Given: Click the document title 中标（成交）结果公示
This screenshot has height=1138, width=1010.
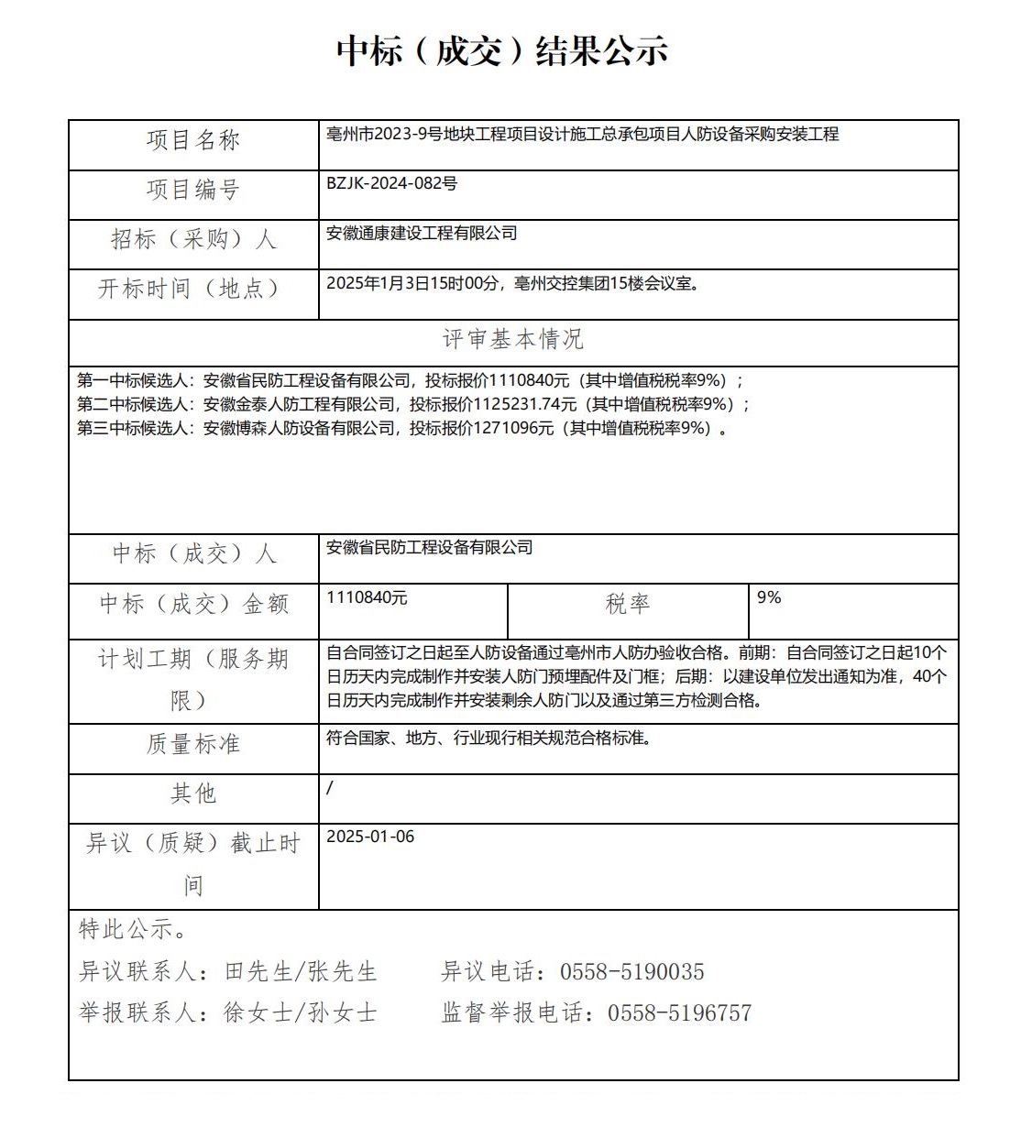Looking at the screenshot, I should (x=502, y=50).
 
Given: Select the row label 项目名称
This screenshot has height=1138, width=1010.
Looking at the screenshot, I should (x=193, y=140).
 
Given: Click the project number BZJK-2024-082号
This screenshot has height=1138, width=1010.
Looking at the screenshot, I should (x=391, y=183).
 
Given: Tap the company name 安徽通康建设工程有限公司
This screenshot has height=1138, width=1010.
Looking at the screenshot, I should (x=422, y=234).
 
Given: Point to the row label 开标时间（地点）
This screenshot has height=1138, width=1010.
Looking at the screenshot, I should (x=190, y=289).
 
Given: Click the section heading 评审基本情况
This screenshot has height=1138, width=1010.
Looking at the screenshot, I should (x=513, y=340).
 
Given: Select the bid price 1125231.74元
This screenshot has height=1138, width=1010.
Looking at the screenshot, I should (x=525, y=404).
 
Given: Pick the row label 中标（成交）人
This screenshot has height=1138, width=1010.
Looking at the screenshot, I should (x=193, y=553).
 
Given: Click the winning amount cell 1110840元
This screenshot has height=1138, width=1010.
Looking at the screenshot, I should (x=367, y=597).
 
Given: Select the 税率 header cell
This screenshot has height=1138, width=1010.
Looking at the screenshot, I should (x=628, y=604).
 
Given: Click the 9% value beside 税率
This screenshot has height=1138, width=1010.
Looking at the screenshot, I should (x=769, y=597).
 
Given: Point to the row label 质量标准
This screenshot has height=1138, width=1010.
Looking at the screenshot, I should (x=193, y=744).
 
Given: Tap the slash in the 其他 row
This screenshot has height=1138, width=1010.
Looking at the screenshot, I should (x=330, y=787).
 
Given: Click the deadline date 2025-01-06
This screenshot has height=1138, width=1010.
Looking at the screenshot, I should (x=370, y=837).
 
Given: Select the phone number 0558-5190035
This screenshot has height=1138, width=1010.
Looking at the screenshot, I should (x=632, y=971).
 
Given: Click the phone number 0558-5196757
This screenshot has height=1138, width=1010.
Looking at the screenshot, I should (x=679, y=1012).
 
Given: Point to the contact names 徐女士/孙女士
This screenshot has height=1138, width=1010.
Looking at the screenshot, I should (x=301, y=1012).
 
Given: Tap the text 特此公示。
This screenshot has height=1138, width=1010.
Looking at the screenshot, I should (x=134, y=929).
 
